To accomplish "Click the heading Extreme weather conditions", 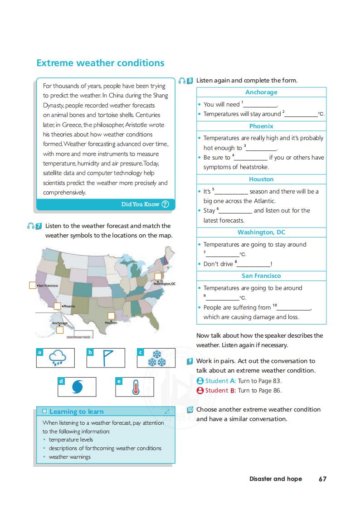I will tap(100, 63).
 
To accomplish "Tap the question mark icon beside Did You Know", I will tap(165, 204).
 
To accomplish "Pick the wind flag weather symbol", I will tap(106, 358).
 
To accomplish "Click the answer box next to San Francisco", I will tap(33, 285).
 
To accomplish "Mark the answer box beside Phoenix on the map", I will tap(57, 306).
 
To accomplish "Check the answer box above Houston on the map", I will tap(111, 315).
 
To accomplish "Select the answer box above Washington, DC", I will tap(158, 276).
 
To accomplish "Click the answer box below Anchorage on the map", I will tap(60, 330).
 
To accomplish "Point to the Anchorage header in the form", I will tap(261, 92).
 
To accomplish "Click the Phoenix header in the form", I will tap(261, 126).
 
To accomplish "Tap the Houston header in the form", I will tap(261, 179).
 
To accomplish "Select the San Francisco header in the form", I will tap(261, 276).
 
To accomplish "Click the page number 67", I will tap(322, 479).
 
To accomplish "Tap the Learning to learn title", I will tap(76, 412).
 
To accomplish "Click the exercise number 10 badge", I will tap(190, 409).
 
